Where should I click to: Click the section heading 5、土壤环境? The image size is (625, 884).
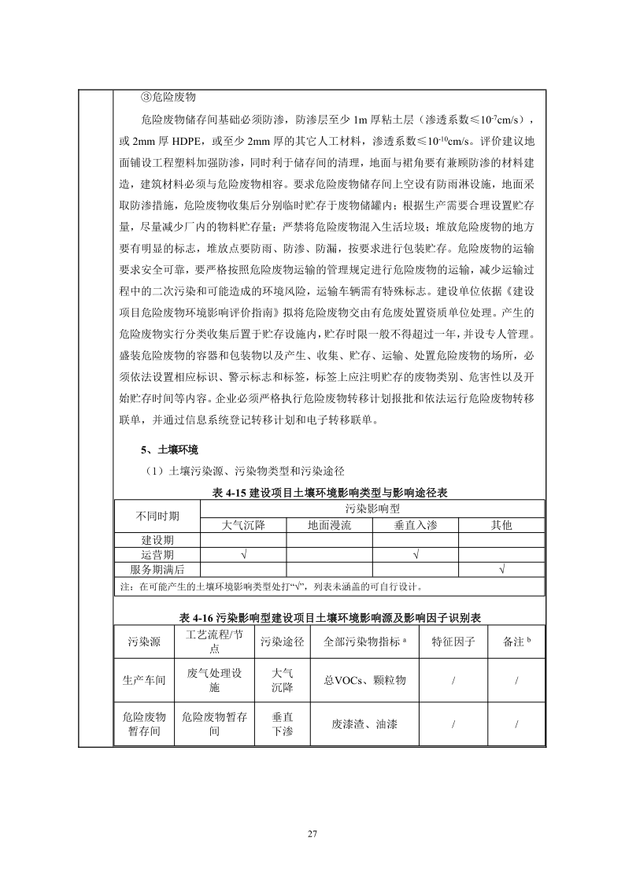coord(169,450)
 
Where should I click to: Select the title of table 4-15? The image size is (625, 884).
coord(330,492)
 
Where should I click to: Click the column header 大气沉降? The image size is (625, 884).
coord(242,524)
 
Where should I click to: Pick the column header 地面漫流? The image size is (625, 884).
coord(329,524)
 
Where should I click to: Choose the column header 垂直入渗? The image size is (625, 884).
coord(415,524)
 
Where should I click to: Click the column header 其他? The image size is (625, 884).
coord(501,524)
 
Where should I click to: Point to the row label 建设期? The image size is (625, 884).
coord(157,540)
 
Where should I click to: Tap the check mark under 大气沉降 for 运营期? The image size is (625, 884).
coord(242,555)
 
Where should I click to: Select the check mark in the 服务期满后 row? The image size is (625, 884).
coord(501,569)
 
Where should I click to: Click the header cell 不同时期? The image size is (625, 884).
coord(157,516)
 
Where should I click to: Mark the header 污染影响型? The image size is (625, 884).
coord(372,509)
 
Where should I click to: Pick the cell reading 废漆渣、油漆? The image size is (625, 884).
coord(365,724)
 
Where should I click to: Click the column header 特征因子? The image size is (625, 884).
coord(453,642)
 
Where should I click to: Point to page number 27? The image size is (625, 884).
coord(312,834)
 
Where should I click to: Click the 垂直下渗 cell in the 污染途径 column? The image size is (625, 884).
coord(283,724)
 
